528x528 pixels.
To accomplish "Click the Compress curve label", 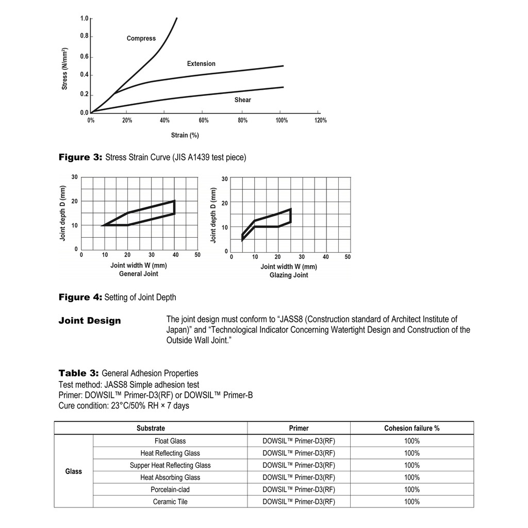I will click(x=141, y=39).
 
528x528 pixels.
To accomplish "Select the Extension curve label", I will click(x=201, y=64).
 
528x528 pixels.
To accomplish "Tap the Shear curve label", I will click(x=242, y=100).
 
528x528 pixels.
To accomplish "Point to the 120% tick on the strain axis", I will click(x=320, y=120).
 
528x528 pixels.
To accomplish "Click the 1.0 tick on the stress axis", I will click(x=84, y=19).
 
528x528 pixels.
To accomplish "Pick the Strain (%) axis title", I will click(x=185, y=135).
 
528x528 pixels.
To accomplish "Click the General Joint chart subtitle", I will click(x=138, y=274).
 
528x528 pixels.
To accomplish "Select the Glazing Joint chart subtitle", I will click(x=289, y=275).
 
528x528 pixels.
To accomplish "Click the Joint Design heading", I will click(x=90, y=321).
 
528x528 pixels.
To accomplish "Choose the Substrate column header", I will click(x=151, y=428).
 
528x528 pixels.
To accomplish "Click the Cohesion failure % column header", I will click(x=411, y=428).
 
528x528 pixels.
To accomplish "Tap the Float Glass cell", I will click(x=170, y=441).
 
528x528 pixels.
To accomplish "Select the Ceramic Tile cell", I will click(x=170, y=502).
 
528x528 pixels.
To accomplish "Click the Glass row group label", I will click(x=73, y=471).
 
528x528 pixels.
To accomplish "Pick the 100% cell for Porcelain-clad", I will click(x=411, y=490).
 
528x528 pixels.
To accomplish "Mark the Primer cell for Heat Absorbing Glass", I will click(x=299, y=477).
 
